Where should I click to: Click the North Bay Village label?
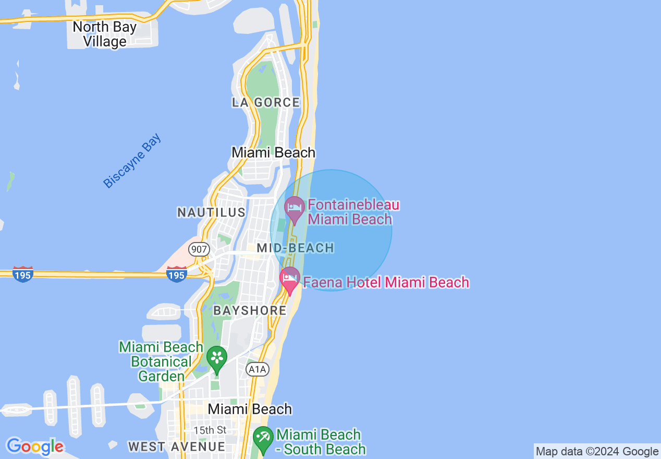[x=104, y=34]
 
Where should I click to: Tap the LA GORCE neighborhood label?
[x=266, y=102]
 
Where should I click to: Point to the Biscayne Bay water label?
[x=132, y=161]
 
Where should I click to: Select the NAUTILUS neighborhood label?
[x=211, y=212]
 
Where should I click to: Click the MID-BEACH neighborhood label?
[x=296, y=248]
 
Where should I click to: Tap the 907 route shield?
[x=199, y=249]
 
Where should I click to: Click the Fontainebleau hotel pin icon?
[x=295, y=209]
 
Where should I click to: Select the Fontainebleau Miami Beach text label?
[x=353, y=211]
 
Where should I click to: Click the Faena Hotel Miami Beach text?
[x=386, y=283]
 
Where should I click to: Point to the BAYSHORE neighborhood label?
[x=250, y=310]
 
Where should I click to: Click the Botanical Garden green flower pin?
[x=217, y=358]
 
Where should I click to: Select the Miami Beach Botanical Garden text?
[x=161, y=361]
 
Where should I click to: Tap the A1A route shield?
[x=257, y=370]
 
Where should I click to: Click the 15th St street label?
[x=210, y=430]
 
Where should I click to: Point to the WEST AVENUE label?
[x=177, y=446]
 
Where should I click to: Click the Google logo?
[x=35, y=446]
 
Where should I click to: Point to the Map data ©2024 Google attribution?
[x=597, y=452]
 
